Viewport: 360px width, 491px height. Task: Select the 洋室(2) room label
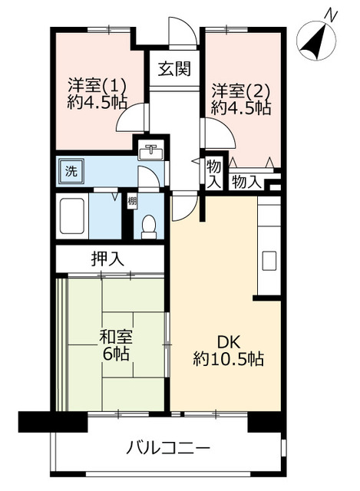click(x=239, y=89)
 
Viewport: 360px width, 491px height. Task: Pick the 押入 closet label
click(x=107, y=259)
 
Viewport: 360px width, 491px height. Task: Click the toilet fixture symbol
click(x=149, y=225)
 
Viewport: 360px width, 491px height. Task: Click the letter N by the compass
click(x=331, y=13)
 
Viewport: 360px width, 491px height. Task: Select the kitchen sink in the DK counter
click(x=269, y=259)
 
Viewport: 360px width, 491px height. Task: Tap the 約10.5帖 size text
click(x=228, y=358)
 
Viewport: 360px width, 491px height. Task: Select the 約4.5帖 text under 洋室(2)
click(x=240, y=107)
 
